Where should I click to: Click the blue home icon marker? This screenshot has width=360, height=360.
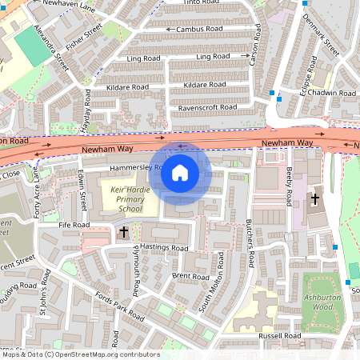point(180,172)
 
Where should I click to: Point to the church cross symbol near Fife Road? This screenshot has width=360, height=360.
point(123,232)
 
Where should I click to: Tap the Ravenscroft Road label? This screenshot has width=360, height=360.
point(207,106)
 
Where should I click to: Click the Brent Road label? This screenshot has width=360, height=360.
point(190,275)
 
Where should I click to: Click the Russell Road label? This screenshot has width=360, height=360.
point(280,335)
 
